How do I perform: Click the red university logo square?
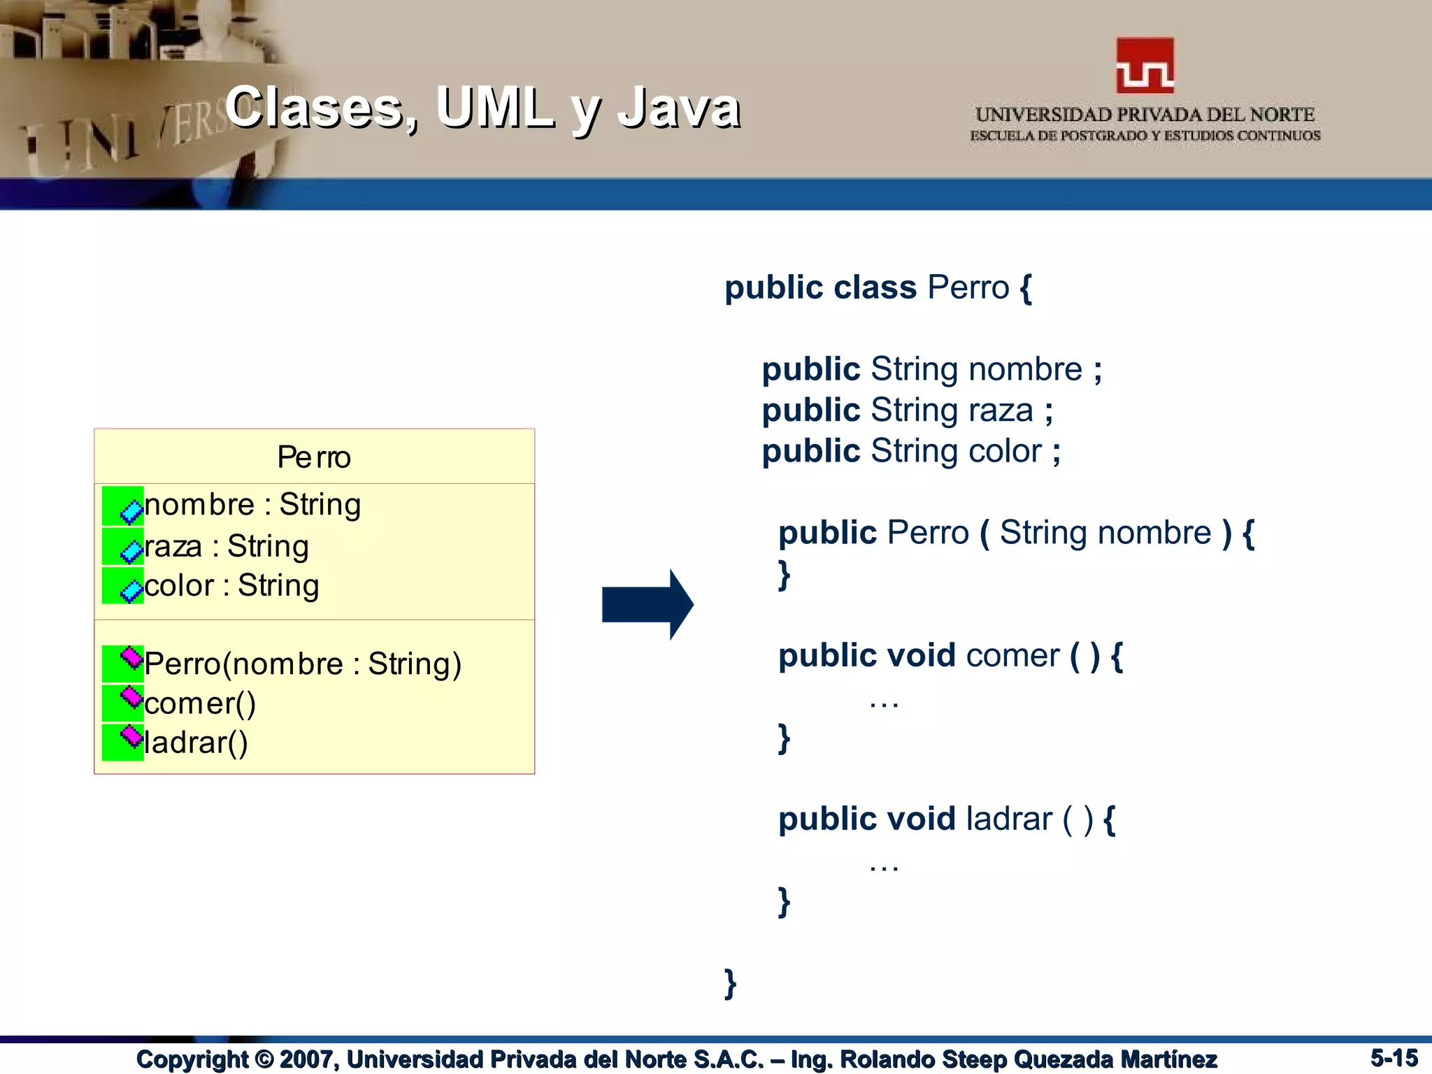[x=1145, y=65]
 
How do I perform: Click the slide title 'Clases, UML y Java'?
[x=482, y=108]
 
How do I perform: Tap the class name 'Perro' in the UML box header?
[x=314, y=457]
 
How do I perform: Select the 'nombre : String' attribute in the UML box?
[x=252, y=505]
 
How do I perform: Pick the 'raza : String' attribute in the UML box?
[x=226, y=547]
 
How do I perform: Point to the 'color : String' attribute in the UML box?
[x=231, y=586]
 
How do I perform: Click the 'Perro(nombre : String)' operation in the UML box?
[x=303, y=664]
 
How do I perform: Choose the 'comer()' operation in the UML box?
[x=200, y=703]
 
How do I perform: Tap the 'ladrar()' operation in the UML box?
[x=196, y=743]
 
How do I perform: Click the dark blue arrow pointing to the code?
[x=647, y=604]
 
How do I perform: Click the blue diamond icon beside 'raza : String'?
[x=131, y=551]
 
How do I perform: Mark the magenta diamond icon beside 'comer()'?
[x=131, y=696]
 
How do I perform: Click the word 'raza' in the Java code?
[x=1001, y=410]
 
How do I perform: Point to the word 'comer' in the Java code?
[x=1012, y=656]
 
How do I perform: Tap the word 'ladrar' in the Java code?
[x=1008, y=819]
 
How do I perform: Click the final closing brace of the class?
[x=730, y=983]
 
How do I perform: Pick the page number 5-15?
[x=1394, y=1057]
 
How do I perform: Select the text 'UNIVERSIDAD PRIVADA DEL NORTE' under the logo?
[x=1145, y=115]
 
